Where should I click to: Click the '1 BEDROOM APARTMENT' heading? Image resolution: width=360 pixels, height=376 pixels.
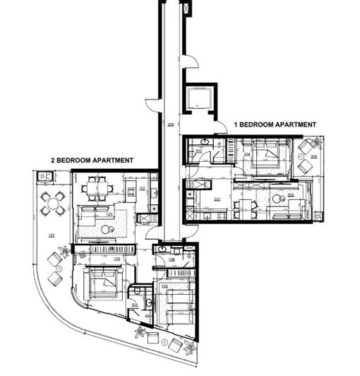coord(275,124)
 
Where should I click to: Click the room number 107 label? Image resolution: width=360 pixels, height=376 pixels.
coord(51,235)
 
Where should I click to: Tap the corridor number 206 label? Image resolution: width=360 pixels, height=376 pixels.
coord(170,124)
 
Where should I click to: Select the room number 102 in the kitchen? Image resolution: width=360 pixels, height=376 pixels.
coord(142,189)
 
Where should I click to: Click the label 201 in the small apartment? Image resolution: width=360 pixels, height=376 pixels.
coord(217,200)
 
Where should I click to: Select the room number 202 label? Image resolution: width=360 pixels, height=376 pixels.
coord(291,196)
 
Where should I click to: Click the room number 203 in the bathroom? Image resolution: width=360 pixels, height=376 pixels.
coord(199,151)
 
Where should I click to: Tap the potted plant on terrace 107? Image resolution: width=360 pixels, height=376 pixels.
coord(65,250)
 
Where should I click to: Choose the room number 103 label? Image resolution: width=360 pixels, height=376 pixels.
coord(117,259)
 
